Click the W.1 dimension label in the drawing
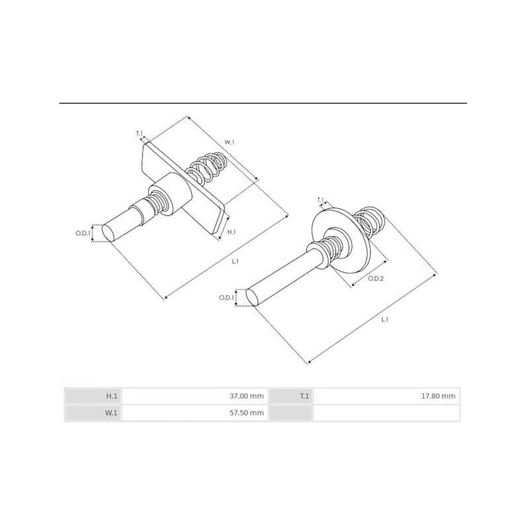[229, 142]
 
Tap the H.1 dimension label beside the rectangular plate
[231, 233]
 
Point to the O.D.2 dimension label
[375, 279]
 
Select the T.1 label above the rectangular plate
[139, 134]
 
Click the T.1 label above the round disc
[320, 200]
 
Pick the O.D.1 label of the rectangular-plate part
[82, 233]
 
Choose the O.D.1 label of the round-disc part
[227, 298]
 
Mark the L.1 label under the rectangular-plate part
[235, 261]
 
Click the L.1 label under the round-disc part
[385, 319]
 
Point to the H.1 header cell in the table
[112, 396]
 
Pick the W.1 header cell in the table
[112, 413]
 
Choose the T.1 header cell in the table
[304, 396]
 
